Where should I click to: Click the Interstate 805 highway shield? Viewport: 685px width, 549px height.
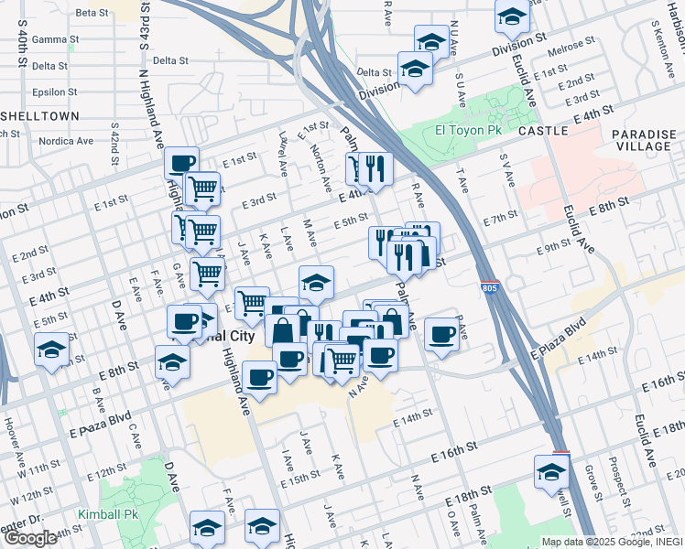coord(491,287)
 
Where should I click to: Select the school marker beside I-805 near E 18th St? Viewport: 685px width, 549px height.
coord(551,472)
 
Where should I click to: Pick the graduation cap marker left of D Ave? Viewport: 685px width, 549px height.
coord(50,350)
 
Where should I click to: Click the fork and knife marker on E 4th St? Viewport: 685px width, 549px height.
coord(375,167)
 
